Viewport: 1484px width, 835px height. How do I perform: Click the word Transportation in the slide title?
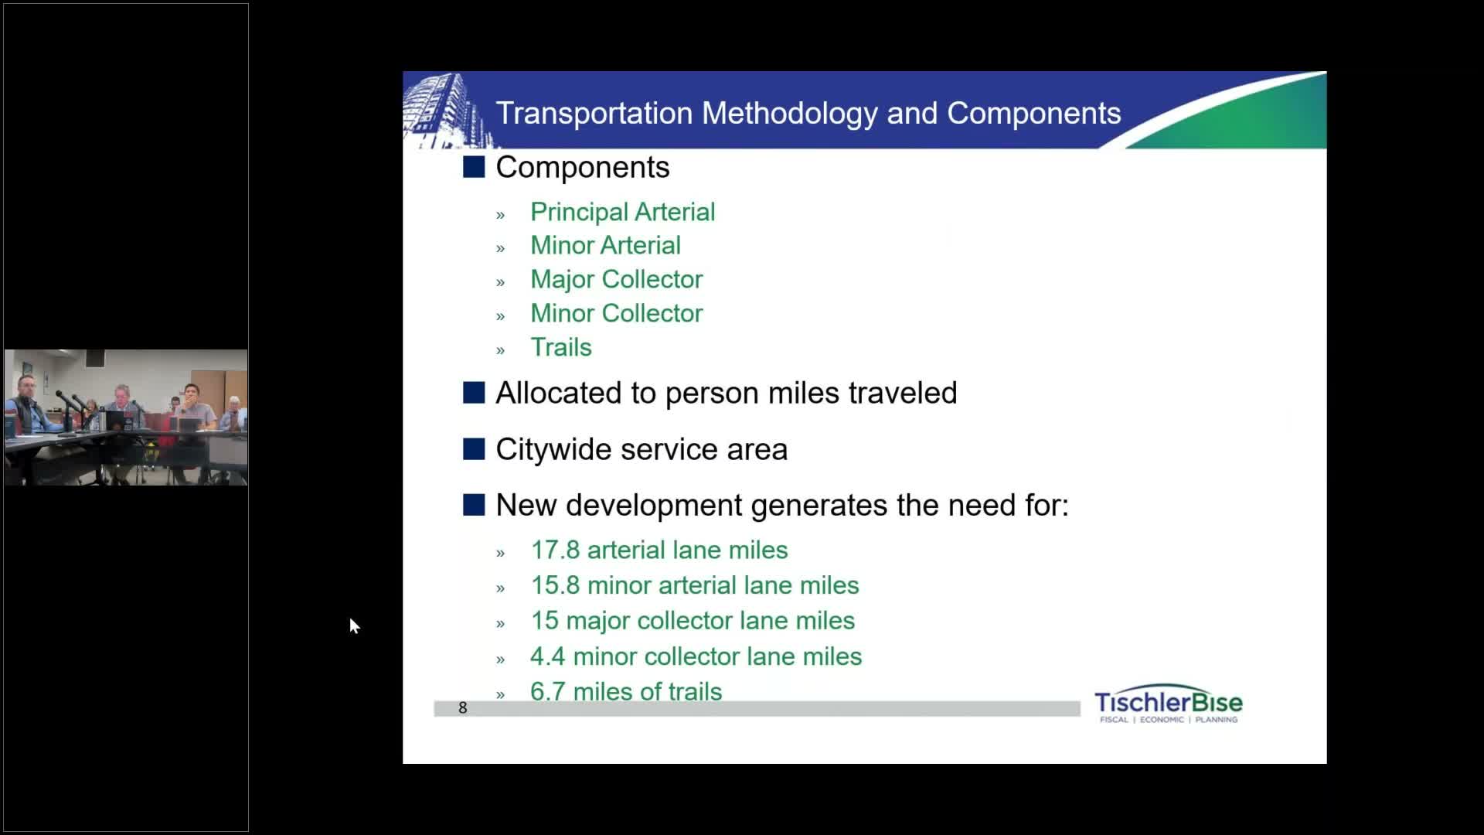point(594,113)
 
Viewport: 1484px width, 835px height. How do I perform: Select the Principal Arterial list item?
point(622,212)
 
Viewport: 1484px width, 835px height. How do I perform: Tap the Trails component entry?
point(560,347)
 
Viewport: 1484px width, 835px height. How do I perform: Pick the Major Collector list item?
point(616,279)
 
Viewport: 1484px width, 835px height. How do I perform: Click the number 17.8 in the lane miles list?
point(555,550)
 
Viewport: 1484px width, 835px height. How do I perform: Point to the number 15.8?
point(555,585)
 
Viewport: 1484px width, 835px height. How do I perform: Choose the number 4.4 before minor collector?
point(548,656)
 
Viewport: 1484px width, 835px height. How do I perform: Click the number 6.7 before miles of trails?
point(548,691)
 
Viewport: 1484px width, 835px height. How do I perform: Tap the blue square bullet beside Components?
point(474,167)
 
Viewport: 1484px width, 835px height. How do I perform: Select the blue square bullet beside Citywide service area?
point(474,449)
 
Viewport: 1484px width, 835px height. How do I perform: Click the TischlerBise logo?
point(1168,704)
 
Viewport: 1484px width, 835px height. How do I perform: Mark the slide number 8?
point(463,707)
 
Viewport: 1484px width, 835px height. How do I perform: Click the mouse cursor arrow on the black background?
point(354,625)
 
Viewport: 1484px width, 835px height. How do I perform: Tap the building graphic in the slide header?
point(444,110)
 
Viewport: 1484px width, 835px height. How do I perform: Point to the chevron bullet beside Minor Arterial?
point(500,249)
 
